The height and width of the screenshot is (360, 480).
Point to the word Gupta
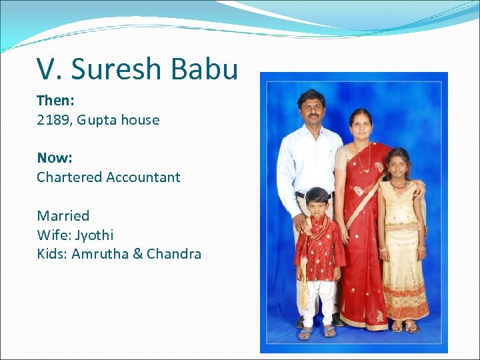(98, 121)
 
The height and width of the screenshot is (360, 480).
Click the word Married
(63, 215)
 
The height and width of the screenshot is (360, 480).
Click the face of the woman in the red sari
(361, 127)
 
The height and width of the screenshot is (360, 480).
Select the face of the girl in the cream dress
(399, 166)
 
